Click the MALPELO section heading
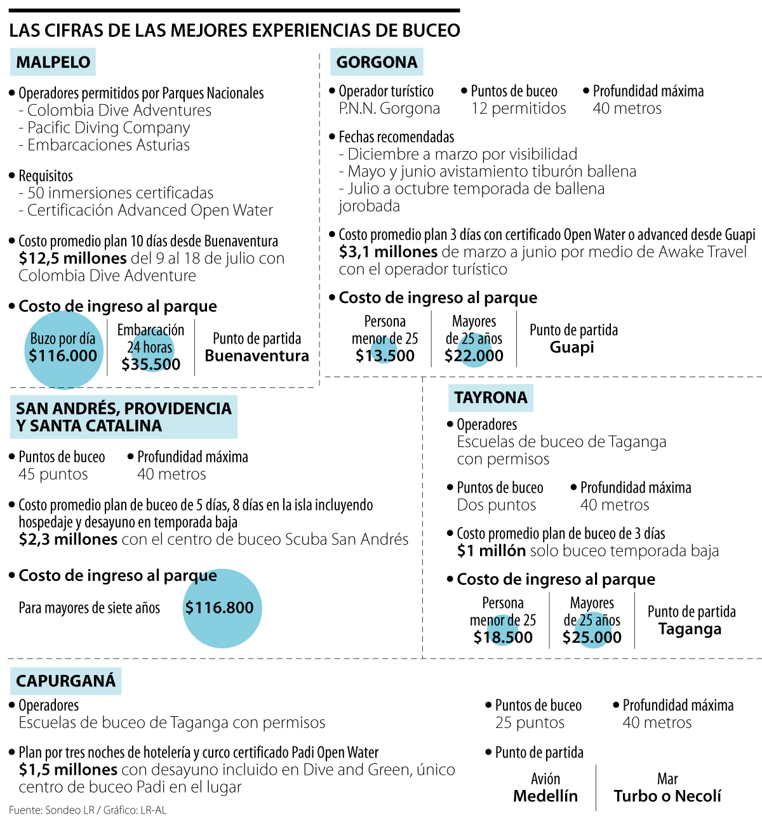point(53,62)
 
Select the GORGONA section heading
point(377,62)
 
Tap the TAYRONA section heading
point(490,398)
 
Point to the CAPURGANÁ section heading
point(66,681)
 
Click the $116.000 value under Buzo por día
point(63,356)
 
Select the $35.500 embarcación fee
point(151,365)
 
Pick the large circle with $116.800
point(222,608)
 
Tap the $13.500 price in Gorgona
point(385,356)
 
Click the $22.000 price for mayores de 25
point(474,356)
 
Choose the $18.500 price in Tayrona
point(503,637)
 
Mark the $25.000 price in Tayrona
point(592,637)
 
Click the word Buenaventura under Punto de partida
point(257,356)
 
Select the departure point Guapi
point(572,347)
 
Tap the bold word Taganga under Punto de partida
point(690,629)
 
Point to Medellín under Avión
point(545,796)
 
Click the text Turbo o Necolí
point(667,796)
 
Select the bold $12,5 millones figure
point(72,258)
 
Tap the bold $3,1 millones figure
point(388,252)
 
